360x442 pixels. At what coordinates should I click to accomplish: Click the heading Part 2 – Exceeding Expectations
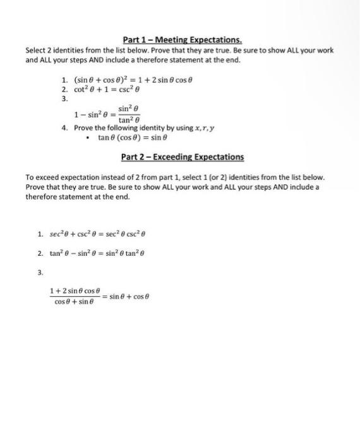click(182, 157)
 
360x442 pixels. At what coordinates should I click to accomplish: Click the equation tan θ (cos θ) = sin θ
click(133, 137)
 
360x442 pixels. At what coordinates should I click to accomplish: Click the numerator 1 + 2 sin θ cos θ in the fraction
click(75, 291)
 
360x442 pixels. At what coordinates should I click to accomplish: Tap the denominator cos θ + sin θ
click(75, 302)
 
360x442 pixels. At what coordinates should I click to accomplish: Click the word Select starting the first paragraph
click(36, 51)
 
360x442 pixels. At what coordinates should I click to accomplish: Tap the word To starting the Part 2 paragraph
click(30, 179)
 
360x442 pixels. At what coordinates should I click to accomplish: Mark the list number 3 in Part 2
click(40, 273)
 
